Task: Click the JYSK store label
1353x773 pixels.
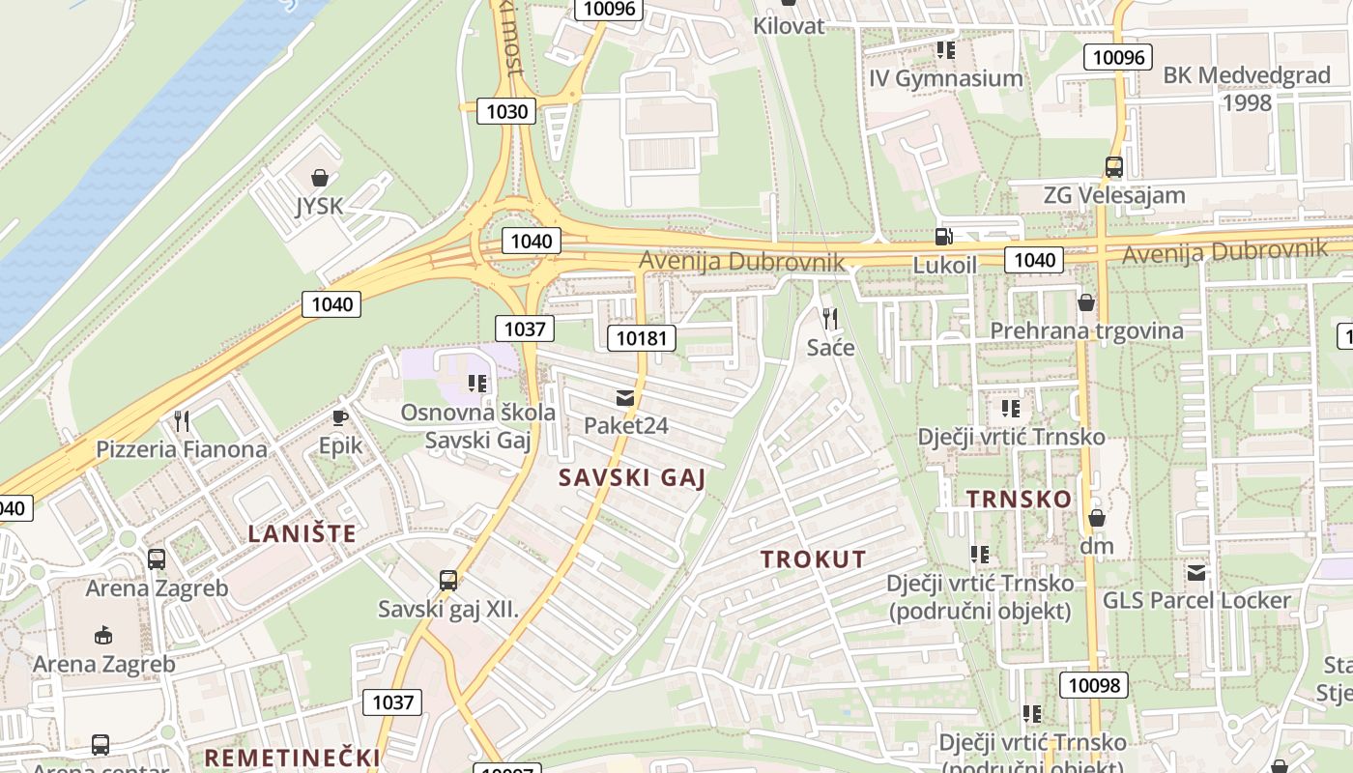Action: pyautogui.click(x=319, y=207)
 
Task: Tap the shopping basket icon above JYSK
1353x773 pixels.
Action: pyautogui.click(x=320, y=178)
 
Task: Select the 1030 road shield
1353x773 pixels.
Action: pyautogui.click(x=506, y=111)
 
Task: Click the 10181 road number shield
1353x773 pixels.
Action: pyautogui.click(x=641, y=337)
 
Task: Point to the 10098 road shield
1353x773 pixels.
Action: pyautogui.click(x=1094, y=685)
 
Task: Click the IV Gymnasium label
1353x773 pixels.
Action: pyautogui.click(x=945, y=78)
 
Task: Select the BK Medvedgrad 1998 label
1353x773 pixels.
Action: pyautogui.click(x=1247, y=88)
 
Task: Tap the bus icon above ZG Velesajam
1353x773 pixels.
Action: pyautogui.click(x=1114, y=167)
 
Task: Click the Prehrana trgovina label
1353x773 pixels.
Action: pyautogui.click(x=1086, y=330)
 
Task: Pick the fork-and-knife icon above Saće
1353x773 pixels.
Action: pyautogui.click(x=830, y=318)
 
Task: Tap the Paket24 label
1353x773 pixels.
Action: pyautogui.click(x=625, y=425)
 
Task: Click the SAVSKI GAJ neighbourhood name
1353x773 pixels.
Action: pyautogui.click(x=632, y=477)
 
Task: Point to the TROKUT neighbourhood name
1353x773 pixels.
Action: pyautogui.click(x=813, y=559)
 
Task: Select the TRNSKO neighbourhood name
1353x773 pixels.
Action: pyautogui.click(x=1019, y=499)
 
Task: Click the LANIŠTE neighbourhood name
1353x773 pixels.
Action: pyautogui.click(x=302, y=533)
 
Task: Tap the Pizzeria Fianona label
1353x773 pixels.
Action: pyautogui.click(x=182, y=449)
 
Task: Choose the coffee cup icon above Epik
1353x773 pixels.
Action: pyautogui.click(x=340, y=417)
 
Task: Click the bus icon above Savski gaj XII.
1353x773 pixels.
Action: pyautogui.click(x=448, y=581)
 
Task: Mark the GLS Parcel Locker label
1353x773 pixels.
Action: pyautogui.click(x=1196, y=600)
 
